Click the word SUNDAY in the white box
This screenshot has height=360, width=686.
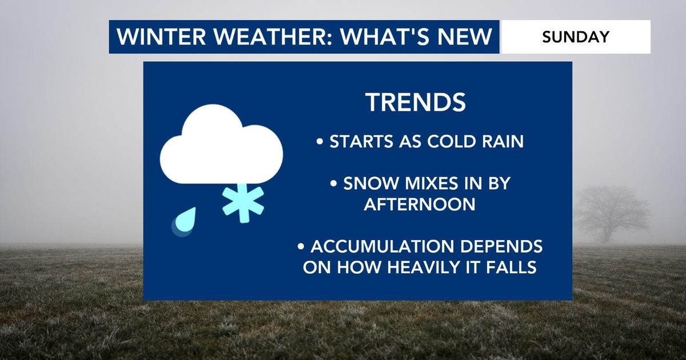[576, 37]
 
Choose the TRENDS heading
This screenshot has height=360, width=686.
[416, 102]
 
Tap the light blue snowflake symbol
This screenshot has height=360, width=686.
[243, 203]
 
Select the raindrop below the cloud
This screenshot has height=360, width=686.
[184, 221]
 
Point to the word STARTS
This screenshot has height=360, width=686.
[361, 142]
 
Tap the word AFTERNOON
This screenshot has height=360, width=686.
[420, 204]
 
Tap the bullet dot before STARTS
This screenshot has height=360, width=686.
[320, 142]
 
